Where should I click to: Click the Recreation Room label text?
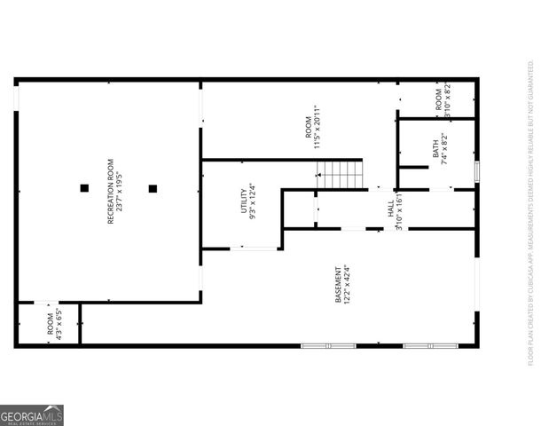pos(111,191)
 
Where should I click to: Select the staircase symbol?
pos(340,175)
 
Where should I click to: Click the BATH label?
pos(435,147)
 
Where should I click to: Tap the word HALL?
pos(390,210)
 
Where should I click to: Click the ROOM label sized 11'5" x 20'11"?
pos(310,128)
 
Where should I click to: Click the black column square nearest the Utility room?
pos(153,188)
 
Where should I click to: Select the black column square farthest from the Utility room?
pos(84,188)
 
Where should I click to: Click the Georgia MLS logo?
pos(32,415)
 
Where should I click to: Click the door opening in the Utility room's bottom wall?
pos(255,249)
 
